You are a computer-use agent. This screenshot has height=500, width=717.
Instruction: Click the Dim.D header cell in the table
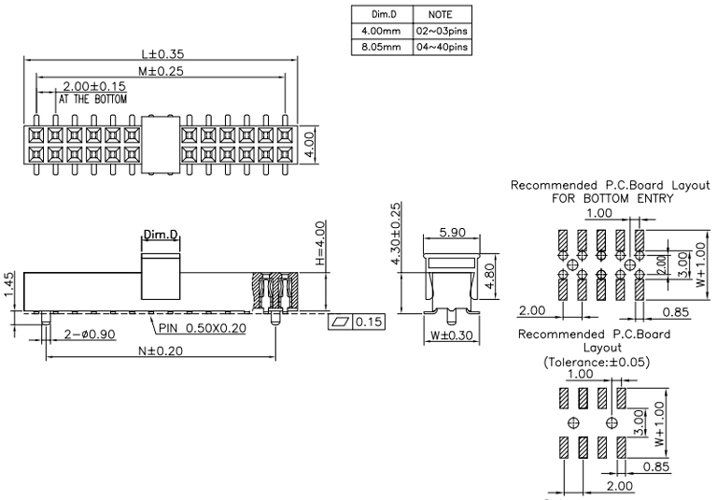pos(375,16)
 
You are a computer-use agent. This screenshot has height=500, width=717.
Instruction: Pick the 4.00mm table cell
pos(375,30)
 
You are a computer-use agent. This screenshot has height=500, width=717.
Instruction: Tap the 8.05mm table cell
pos(375,44)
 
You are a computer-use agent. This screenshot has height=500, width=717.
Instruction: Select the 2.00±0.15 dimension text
pos(93,85)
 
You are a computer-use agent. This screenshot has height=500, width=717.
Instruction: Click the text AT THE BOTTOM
pos(93,98)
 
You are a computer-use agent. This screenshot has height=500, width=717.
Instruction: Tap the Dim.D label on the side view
pos(160,235)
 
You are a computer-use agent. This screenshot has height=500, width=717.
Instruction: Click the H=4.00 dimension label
pos(319,245)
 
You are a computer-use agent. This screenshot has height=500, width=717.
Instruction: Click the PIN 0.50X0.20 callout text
pos(202,327)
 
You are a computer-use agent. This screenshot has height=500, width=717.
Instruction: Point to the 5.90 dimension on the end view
pos(451,232)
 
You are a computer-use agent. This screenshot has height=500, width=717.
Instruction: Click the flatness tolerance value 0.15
pos(368,322)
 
